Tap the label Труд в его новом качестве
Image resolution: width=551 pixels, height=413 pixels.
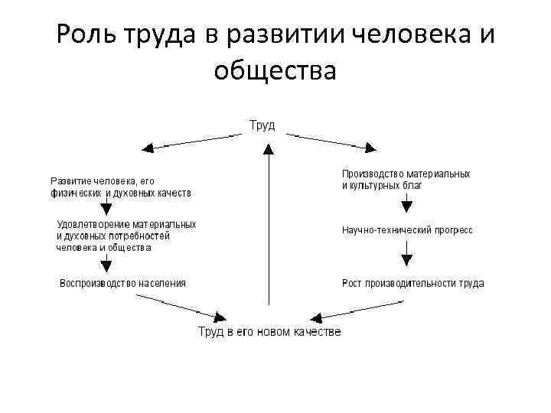tap(269, 331)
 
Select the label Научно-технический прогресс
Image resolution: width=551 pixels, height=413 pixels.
tap(407, 229)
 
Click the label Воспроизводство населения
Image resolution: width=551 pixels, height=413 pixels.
tap(122, 283)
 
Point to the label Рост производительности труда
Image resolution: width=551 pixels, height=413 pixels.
tap(412, 283)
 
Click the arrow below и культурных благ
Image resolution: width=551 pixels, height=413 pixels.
tap(407, 203)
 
